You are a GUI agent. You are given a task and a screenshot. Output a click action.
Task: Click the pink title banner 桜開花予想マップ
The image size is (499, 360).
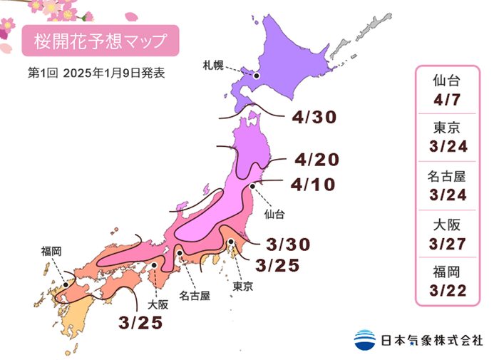coord(94,42)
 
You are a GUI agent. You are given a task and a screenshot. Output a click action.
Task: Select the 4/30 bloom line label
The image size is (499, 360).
coord(313,118)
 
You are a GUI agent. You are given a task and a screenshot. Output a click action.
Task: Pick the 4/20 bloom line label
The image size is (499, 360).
coord(314,158)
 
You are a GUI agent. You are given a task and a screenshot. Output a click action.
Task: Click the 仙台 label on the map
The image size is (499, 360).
coord(274,212)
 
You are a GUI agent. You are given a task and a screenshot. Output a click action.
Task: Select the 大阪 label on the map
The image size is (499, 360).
coord(158,304)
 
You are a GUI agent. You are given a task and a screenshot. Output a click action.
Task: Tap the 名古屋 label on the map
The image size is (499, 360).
coord(194,294)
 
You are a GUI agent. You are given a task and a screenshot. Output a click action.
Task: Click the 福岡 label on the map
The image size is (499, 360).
coord(51,251)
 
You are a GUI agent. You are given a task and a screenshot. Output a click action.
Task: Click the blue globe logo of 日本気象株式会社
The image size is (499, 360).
coord(364,339)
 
